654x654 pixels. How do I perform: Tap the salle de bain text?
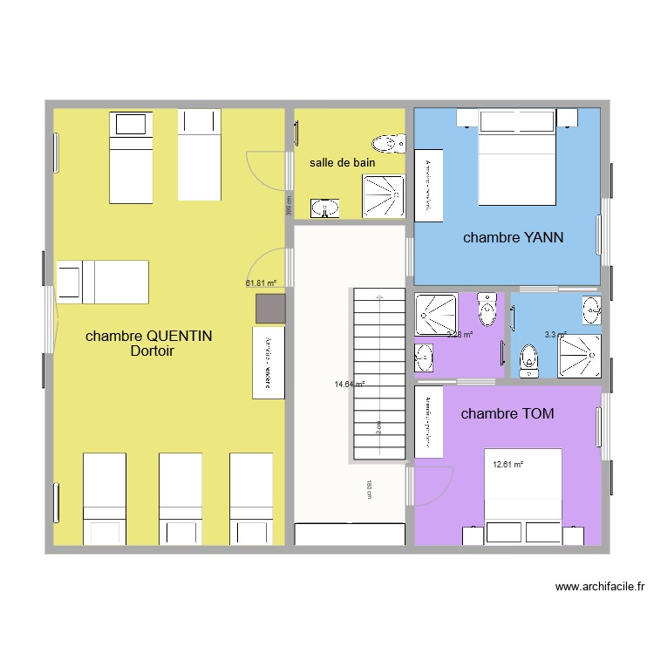[342, 163]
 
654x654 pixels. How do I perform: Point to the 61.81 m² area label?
[261, 283]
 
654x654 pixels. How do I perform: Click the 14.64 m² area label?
[349, 384]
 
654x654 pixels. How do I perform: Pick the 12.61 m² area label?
[508, 465]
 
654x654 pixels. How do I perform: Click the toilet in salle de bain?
[388, 142]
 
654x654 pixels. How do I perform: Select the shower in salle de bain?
[384, 196]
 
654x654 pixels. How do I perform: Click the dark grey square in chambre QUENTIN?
[270, 309]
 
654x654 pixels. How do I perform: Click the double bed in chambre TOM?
[522, 497]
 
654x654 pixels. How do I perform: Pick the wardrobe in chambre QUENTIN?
[269, 363]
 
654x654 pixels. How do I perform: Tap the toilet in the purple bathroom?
[487, 310]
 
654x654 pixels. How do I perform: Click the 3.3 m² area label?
[555, 334]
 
